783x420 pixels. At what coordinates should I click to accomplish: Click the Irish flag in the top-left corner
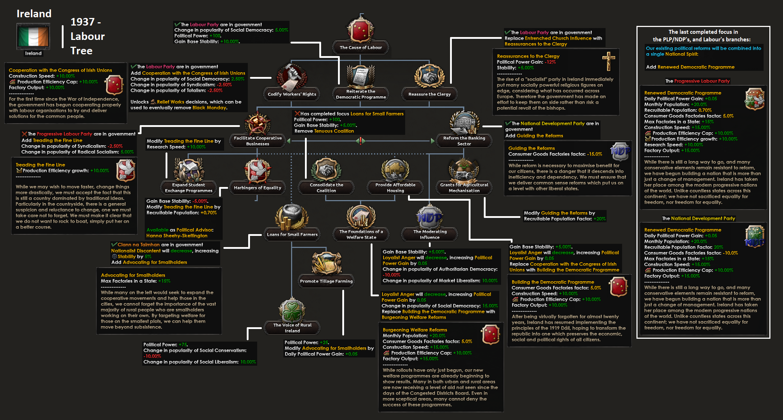(x=33, y=36)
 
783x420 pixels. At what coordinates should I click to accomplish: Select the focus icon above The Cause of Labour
(x=361, y=30)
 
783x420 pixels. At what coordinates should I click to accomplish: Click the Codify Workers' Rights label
(x=292, y=94)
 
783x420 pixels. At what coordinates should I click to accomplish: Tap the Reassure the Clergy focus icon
(x=429, y=76)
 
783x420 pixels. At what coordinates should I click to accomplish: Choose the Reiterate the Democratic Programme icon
(x=361, y=76)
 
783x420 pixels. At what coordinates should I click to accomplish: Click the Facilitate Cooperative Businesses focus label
(x=258, y=141)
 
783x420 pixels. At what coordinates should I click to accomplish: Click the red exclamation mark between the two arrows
(x=361, y=141)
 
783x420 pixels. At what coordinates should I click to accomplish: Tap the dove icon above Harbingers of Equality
(x=258, y=170)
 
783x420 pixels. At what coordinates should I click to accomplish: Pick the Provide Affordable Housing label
(x=395, y=188)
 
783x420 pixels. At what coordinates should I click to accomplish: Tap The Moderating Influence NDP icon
(x=430, y=217)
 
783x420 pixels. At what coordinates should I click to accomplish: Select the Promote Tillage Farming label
(x=326, y=281)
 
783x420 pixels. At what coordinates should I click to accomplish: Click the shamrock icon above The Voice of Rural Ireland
(x=292, y=310)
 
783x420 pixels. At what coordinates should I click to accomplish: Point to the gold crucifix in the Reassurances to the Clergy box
(x=608, y=61)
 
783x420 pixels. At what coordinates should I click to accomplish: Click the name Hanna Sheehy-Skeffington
(x=177, y=236)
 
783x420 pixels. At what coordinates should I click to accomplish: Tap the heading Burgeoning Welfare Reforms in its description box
(x=415, y=330)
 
